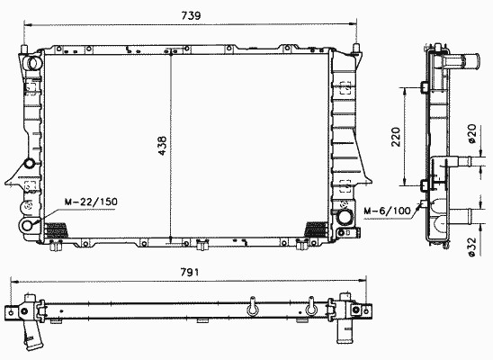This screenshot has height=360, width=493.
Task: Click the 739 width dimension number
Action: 191,15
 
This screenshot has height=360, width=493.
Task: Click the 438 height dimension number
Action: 162,146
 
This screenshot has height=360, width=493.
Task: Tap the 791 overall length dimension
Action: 190,272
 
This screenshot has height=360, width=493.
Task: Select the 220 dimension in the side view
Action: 397,137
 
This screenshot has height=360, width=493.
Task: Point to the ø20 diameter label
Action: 472,134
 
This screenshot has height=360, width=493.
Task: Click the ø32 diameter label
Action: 472,247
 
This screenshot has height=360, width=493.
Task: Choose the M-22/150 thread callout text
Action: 91,202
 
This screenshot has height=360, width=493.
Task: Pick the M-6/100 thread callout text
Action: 388,211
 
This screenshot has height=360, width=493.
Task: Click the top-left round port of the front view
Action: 33,63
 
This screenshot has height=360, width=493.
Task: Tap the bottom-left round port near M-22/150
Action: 27,225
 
